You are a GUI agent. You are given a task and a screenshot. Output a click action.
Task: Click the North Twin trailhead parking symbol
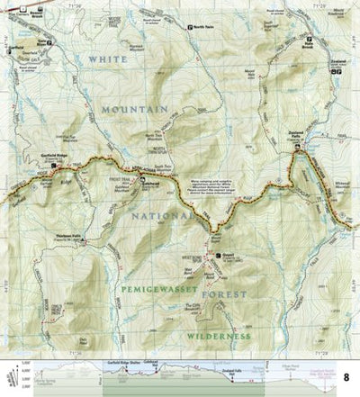coord(189,27)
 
